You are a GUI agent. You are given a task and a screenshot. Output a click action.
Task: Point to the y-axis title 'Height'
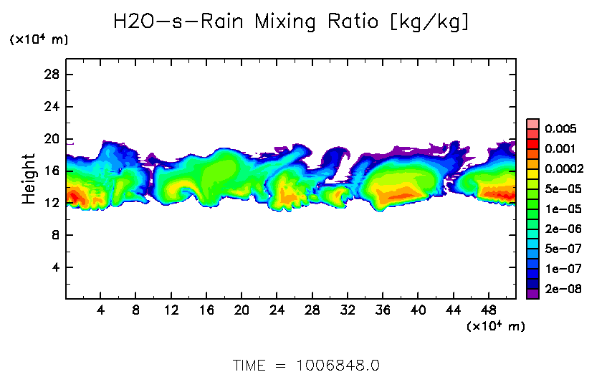[x=29, y=178]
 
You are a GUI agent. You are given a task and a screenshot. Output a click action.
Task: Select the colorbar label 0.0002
[x=563, y=169]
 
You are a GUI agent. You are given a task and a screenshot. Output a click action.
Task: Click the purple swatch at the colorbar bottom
[x=532, y=293]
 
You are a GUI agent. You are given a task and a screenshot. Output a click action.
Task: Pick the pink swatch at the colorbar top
[x=532, y=123]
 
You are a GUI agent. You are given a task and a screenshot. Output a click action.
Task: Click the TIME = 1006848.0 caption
[x=306, y=365]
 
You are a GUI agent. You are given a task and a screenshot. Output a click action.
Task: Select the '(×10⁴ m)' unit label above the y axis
[x=39, y=40]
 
